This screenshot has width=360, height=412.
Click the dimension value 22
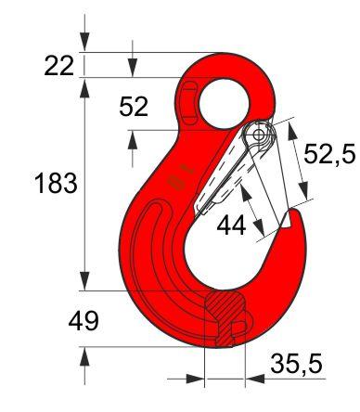pos(59,66)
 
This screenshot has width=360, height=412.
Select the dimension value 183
pos(56,183)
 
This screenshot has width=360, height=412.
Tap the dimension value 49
pos(84,321)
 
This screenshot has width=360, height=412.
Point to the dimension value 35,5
pos(296,364)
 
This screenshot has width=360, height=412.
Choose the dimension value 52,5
pos(329,154)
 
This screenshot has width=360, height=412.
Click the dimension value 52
pos(134,107)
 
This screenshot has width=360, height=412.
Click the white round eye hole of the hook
pos(225,104)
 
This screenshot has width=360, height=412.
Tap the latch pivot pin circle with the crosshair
pos(258,135)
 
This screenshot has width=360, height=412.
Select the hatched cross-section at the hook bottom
pos(225,317)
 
